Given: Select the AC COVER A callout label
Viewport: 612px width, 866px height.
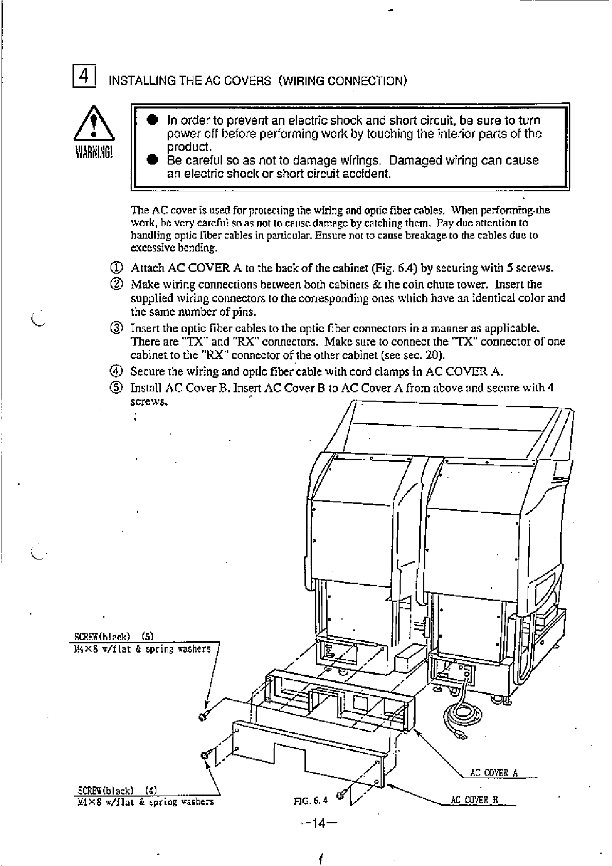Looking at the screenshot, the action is tap(494, 773).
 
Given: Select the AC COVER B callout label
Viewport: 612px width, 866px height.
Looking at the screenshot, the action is tap(474, 800).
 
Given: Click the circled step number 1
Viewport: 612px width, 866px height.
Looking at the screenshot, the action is tap(117, 268).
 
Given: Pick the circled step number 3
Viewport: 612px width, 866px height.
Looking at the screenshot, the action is tap(117, 328).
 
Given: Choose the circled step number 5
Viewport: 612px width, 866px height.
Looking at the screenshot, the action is tap(117, 388).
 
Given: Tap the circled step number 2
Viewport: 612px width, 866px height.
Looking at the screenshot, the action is tap(117, 284).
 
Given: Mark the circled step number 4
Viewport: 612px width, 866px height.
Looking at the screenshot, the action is tap(117, 371).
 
